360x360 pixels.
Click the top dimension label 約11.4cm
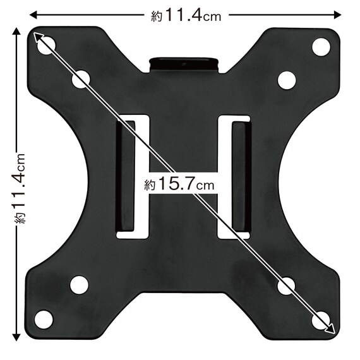pyautogui.click(x=186, y=15)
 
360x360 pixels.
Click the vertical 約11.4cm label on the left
pyautogui.click(x=20, y=188)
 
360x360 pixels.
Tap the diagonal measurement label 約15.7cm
pyautogui.click(x=179, y=184)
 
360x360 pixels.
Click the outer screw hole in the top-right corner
pyautogui.click(x=321, y=47)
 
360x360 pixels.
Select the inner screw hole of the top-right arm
pyautogui.click(x=287, y=80)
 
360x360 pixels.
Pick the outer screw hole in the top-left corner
pyautogui.click(x=46, y=45)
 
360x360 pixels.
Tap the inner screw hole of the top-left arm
pyautogui.click(x=81, y=80)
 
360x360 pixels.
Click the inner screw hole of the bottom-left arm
pyautogui.click(x=79, y=285)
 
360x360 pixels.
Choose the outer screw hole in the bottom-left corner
pyautogui.click(x=44, y=320)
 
